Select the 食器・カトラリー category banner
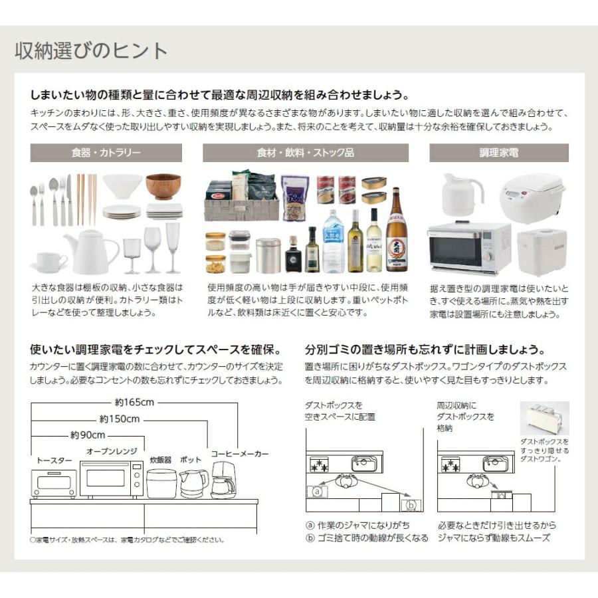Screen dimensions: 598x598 pyautogui.click(x=106, y=153)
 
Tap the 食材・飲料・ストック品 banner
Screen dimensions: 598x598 pyautogui.click(x=306, y=153)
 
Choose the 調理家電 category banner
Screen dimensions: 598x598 pyautogui.click(x=499, y=153)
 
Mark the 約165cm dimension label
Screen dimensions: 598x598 pyautogui.click(x=134, y=402)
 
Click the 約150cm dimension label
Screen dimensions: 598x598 pyautogui.click(x=120, y=419)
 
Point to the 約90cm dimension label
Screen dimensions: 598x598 pyautogui.click(x=88, y=435)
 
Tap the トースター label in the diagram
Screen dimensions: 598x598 pyautogui.click(x=54, y=459)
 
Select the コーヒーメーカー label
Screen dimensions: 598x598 pyautogui.click(x=240, y=454)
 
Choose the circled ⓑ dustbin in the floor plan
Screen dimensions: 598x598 pyautogui.click(x=411, y=506)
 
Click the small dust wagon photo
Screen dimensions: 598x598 pyautogui.click(x=544, y=418)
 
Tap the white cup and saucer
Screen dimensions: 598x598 pyautogui.click(x=49, y=262)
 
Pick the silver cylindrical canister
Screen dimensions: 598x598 pyautogui.click(x=268, y=256)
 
